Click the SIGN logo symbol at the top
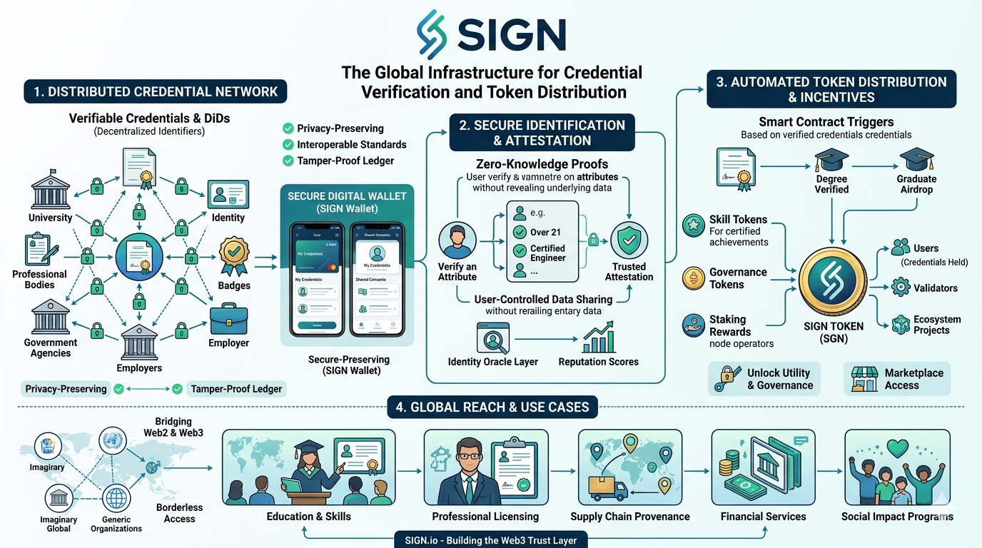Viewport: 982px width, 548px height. [x=432, y=34]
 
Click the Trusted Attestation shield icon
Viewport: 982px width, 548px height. [x=629, y=240]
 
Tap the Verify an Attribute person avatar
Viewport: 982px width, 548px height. [x=457, y=240]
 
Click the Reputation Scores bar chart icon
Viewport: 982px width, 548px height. [x=598, y=338]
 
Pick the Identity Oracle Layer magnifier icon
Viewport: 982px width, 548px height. [x=492, y=338]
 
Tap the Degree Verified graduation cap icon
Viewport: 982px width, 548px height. [x=831, y=160]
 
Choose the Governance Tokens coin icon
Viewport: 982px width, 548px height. [x=693, y=278]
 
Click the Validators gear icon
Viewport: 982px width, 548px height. [x=901, y=288]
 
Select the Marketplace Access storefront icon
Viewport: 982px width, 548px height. [x=864, y=379]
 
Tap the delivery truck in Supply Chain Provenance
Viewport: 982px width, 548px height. [x=607, y=488]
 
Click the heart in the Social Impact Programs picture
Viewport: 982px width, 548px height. [x=897, y=448]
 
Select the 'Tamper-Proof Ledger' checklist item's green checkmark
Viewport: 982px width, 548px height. [x=288, y=161]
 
